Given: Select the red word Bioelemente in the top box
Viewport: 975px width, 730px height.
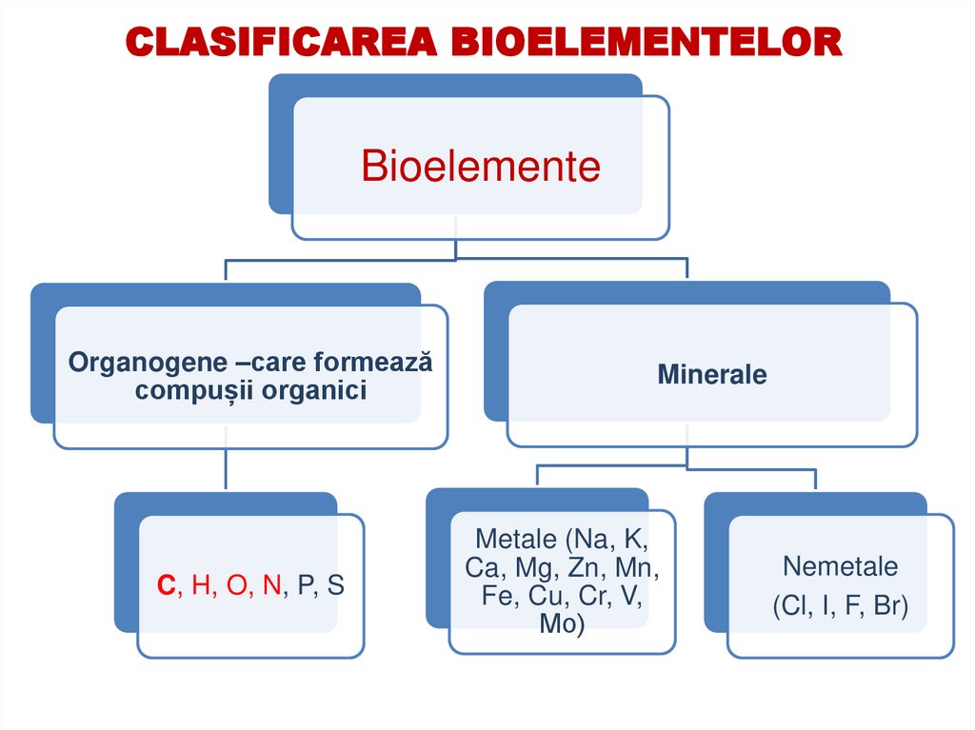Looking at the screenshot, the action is point(481,167).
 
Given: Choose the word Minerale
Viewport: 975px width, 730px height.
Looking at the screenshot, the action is point(711,374).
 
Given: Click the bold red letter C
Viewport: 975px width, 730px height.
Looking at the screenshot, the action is point(166,585).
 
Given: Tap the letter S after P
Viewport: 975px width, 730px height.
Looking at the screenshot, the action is point(335,585).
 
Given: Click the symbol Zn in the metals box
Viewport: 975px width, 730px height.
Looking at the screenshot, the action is point(586,567).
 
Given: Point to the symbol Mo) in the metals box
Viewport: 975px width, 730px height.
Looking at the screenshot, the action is point(562,624).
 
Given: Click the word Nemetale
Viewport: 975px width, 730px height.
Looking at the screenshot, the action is point(840,566).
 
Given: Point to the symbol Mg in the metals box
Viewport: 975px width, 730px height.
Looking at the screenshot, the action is point(535,567).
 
